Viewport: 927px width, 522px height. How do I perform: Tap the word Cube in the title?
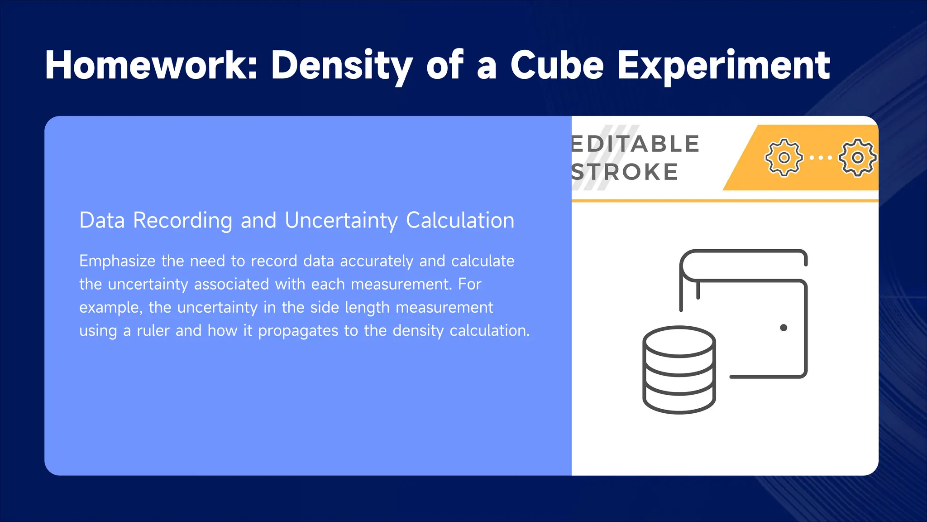(x=557, y=65)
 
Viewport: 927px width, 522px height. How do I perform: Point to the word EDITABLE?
(x=636, y=144)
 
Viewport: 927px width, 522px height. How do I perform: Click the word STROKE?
(x=625, y=172)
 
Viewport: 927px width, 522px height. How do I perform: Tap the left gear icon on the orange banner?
(x=784, y=157)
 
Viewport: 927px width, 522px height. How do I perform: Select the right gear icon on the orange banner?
(x=857, y=157)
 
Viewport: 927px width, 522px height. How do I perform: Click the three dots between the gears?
(x=821, y=158)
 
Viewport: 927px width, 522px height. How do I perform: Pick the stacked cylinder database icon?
(x=679, y=369)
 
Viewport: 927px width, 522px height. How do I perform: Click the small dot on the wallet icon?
(x=784, y=328)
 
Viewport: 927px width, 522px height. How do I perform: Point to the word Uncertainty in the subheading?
(x=341, y=221)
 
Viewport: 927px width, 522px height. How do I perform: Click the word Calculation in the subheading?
(x=460, y=221)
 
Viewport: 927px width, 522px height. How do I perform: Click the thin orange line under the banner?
(x=724, y=200)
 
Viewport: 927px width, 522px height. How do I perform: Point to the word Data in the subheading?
(x=102, y=221)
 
